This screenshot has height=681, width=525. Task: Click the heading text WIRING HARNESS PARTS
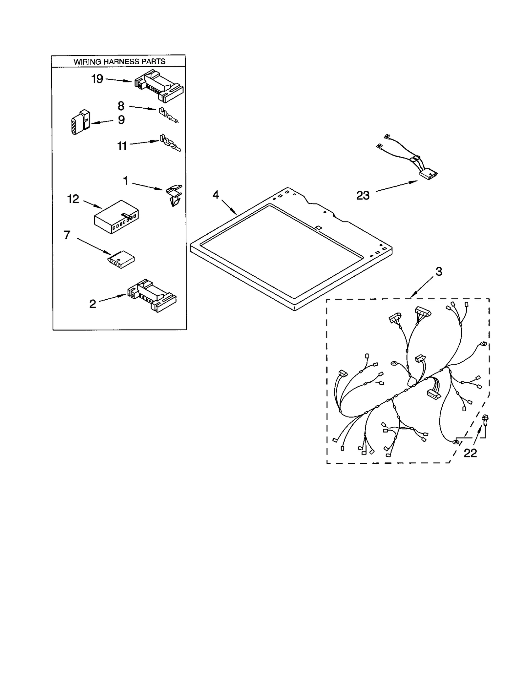pos(119,61)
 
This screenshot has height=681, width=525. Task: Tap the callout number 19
pos(97,79)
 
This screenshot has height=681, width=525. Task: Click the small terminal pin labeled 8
pos(168,115)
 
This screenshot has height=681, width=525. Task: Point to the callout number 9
pos(121,120)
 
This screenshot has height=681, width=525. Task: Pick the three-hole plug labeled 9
pos(80,122)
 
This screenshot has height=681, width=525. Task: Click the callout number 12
pos(73,199)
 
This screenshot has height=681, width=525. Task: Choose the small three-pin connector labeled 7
pos(120,260)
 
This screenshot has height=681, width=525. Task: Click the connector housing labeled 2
pos(152,295)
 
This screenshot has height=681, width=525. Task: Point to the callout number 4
pos(215,195)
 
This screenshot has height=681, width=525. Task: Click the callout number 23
pos(363,196)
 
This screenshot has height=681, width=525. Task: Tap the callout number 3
pos(439,271)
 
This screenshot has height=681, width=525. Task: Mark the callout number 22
pos(470,453)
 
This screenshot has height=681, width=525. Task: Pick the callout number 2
pos(93,304)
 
